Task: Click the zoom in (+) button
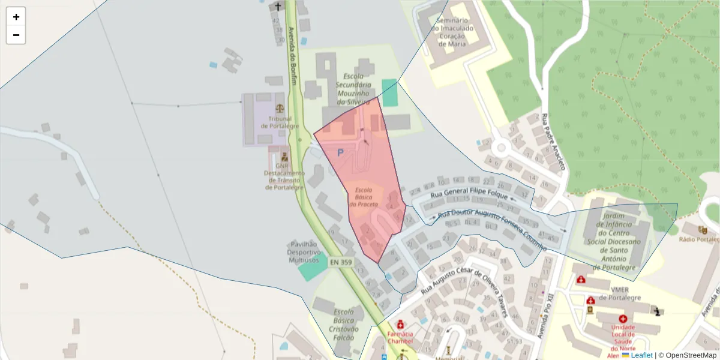coord(16,17)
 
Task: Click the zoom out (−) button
coord(16,35)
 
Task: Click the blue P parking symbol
coord(340,153)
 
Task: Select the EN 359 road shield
coord(341,262)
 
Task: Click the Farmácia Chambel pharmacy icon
coord(401,325)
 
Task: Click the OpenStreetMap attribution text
coord(687,355)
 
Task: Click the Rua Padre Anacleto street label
coord(554,142)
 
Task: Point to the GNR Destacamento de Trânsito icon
coord(284,157)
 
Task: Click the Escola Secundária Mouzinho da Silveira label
coord(358,89)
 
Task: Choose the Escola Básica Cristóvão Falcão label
coord(344,324)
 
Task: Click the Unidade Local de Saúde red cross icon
coord(623,319)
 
